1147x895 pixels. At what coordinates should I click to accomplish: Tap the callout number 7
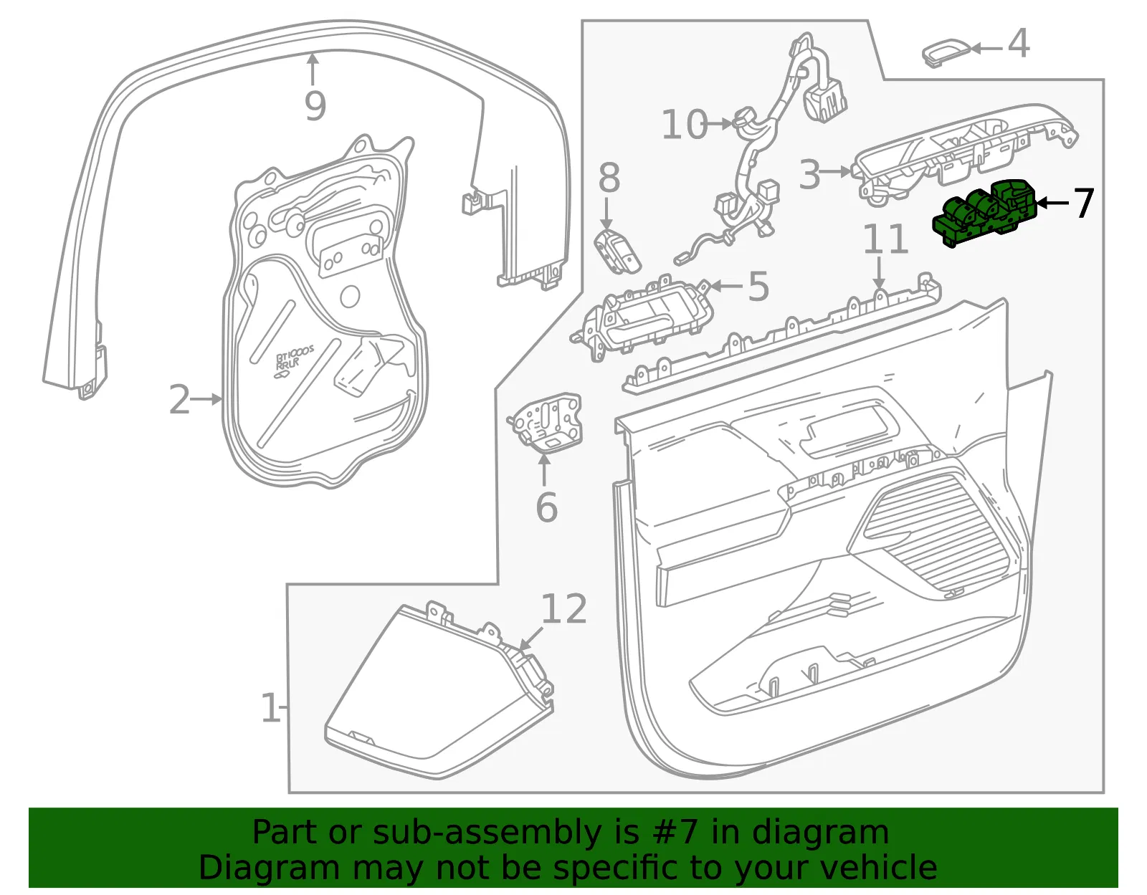pos(1082,204)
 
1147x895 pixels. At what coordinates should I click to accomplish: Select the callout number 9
pos(315,106)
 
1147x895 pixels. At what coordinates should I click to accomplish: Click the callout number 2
pos(179,399)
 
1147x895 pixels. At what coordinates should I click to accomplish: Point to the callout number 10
pos(684,125)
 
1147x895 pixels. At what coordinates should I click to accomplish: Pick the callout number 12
pos(563,608)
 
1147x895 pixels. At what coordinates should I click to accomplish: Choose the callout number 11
pos(886,239)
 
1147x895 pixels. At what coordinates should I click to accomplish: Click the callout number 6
pos(546,507)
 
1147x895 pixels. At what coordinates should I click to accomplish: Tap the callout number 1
pos(271,708)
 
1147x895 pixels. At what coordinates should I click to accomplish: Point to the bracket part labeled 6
pos(546,422)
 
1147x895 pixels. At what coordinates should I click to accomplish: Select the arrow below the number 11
pos(879,273)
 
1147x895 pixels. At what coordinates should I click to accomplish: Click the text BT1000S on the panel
pos(295,353)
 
